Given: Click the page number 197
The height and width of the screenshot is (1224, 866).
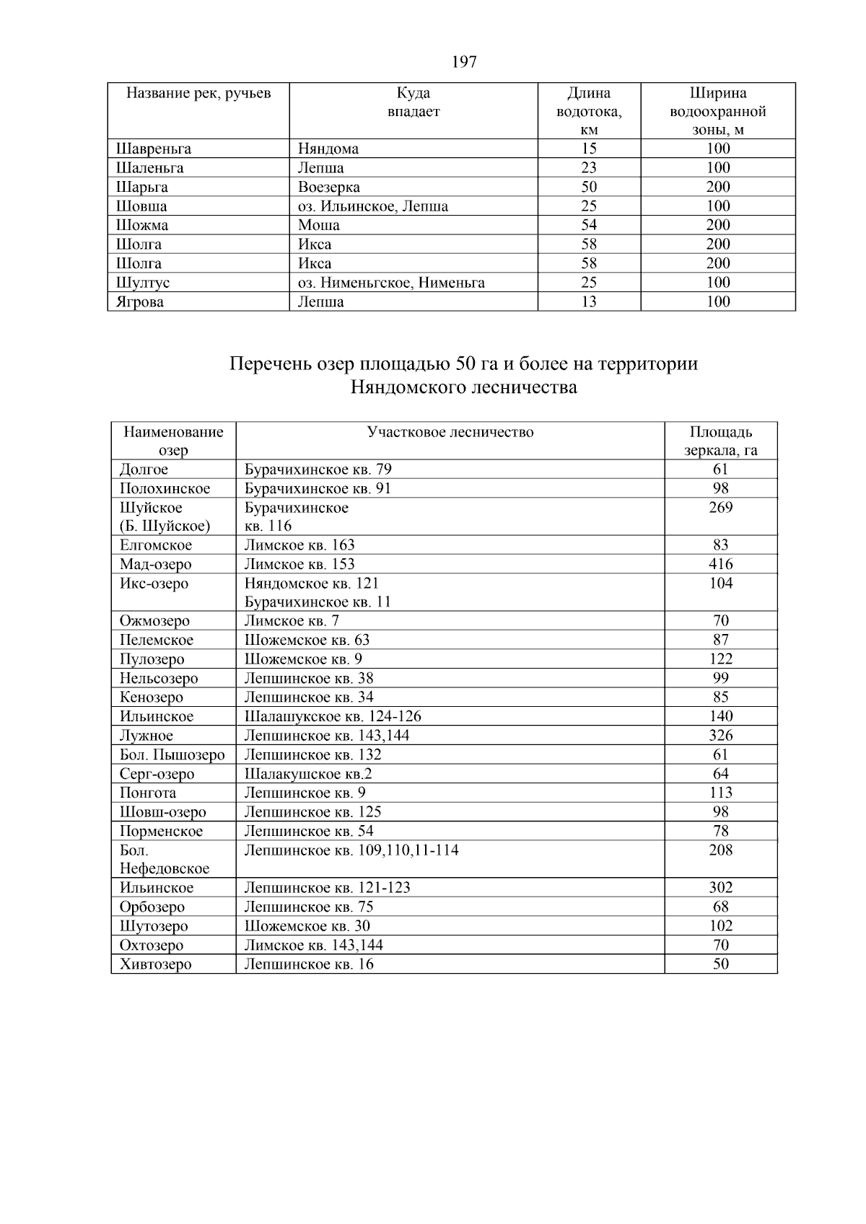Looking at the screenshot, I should [464, 62].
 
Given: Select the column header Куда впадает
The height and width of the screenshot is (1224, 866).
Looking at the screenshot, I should [414, 102].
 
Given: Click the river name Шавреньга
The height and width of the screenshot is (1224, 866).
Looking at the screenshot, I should [154, 149].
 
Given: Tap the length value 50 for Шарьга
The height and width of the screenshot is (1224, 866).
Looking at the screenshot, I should [589, 187].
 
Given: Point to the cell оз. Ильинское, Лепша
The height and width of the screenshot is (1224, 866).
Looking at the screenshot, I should [373, 206].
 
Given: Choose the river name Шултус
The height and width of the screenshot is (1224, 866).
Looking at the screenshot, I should [143, 283].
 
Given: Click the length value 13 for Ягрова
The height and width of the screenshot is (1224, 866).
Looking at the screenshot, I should [589, 301].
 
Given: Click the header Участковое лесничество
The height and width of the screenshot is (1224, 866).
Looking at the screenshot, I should [450, 432].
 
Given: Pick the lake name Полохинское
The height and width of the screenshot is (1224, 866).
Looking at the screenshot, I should [165, 489].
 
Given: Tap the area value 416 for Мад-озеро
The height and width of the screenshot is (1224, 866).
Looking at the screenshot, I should [720, 564].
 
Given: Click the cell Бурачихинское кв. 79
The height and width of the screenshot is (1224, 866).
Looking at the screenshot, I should [318, 470].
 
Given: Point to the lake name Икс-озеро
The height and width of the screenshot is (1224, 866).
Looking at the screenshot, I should [154, 584].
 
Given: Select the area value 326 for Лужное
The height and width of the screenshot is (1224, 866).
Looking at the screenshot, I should [720, 736].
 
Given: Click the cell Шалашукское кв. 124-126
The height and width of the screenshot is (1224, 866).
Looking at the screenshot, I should [333, 717].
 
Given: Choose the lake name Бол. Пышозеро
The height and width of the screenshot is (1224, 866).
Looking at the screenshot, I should [172, 755].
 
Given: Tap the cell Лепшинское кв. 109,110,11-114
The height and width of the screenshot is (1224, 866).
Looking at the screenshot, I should [351, 850].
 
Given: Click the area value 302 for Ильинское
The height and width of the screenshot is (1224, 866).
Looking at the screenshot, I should [720, 888].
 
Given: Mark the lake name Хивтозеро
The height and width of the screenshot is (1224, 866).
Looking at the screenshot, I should [156, 964].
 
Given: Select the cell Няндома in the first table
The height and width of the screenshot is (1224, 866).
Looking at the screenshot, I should [328, 149].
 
